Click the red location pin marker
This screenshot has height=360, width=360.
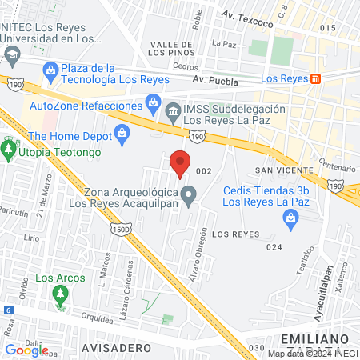click(x=180, y=162)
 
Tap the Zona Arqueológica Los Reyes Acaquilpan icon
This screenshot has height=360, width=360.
click(x=189, y=194)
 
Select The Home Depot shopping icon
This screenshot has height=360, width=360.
click(x=122, y=132)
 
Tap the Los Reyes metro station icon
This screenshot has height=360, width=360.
click(x=317, y=78)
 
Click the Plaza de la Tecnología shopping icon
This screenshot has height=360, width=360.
click(x=52, y=70)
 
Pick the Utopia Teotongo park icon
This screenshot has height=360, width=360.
click(x=10, y=149)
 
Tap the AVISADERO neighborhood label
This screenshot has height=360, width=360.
click(x=117, y=349)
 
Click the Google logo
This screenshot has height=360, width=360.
click(x=26, y=350)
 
